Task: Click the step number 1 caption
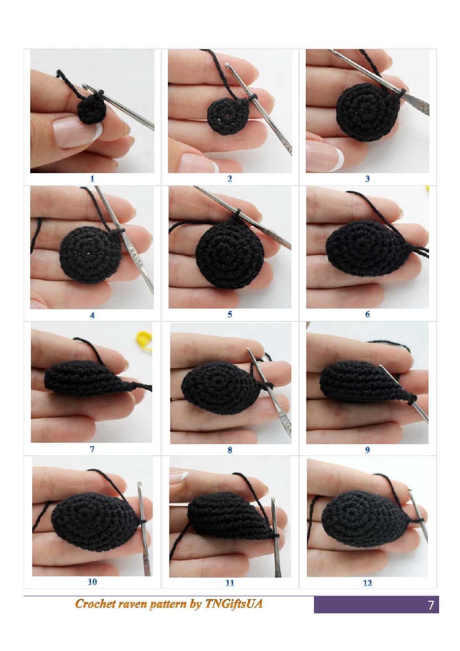click(x=92, y=179)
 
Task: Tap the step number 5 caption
click(x=230, y=314)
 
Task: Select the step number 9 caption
click(x=367, y=450)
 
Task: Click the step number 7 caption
click(x=92, y=449)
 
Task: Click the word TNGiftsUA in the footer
click(x=234, y=604)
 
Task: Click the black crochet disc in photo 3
click(x=367, y=112)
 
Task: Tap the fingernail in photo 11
click(x=178, y=478)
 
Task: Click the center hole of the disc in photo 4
click(x=88, y=253)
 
